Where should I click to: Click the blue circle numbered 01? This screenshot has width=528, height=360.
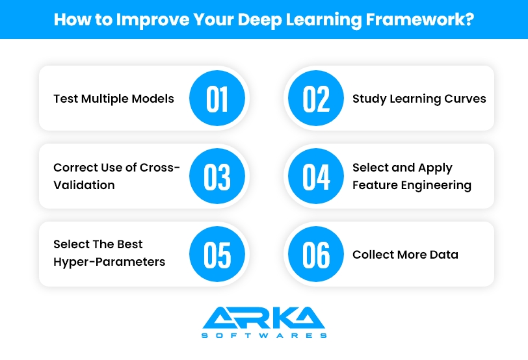click(217, 99)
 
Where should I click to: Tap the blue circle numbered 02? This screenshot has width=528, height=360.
click(317, 99)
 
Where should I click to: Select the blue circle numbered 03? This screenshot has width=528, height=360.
click(217, 177)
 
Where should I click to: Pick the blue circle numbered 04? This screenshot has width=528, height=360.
click(317, 177)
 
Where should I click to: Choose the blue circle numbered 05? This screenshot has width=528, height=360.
click(217, 255)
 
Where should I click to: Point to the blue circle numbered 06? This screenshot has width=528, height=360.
click(317, 255)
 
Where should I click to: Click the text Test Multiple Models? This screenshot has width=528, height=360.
click(114, 99)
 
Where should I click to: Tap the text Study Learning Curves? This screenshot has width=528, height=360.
click(419, 99)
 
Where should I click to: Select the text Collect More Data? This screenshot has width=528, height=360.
click(405, 255)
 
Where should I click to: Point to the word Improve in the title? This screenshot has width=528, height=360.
click(148, 19)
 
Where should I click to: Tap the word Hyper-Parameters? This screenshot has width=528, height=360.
click(109, 263)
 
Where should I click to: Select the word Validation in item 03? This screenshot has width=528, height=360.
click(84, 185)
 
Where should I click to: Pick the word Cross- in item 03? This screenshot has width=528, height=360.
click(161, 168)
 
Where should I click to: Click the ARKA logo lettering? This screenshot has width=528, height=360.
click(263, 318)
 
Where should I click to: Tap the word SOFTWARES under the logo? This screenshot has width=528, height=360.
click(263, 335)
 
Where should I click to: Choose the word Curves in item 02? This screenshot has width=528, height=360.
click(465, 99)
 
